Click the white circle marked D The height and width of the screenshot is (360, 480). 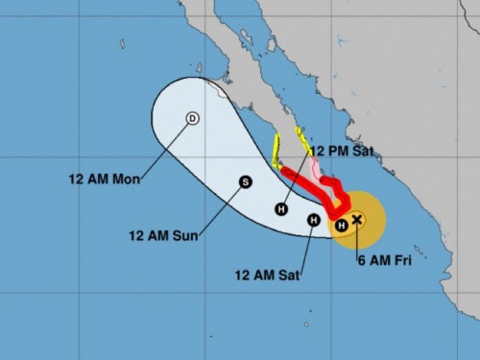pos(192,118)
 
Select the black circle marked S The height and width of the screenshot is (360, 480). pos(245,180)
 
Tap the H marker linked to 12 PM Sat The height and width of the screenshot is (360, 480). pos(281,208)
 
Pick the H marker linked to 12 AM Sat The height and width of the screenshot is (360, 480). pos(313,221)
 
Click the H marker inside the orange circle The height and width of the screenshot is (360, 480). pos(341,227)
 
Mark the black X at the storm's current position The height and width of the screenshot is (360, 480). pos(357,220)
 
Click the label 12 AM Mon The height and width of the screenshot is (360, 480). pos(105,180)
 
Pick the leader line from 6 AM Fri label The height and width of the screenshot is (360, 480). pos(360,240)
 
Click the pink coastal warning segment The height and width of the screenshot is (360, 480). pos(316,169)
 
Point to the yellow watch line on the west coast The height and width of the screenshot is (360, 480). pos(276,151)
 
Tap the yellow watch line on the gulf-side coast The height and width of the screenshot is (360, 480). pos(302,140)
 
